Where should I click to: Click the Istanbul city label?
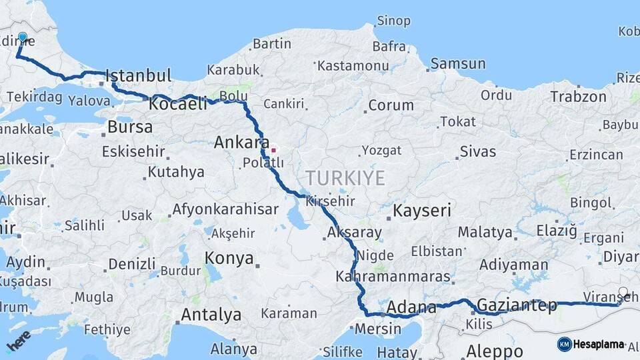pos(138,75)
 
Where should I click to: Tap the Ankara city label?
pos(241,142)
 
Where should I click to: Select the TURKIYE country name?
pos(345,178)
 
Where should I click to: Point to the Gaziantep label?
pos(517,305)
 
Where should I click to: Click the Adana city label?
pos(411,307)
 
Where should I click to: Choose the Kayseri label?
pos(422,211)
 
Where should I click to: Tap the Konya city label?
pos(229,258)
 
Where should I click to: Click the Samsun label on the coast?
pos(458,64)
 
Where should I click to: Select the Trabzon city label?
pos(578,97)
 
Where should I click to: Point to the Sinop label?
pos(393,21)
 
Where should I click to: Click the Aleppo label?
pos(494,351)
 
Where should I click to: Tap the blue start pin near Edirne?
pos(23,38)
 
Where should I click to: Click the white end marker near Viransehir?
pos(623,292)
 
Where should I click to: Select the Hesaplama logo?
pos(591,344)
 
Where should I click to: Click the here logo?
pos(18,341)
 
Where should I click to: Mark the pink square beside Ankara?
pos(273,150)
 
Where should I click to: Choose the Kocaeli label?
pos(177,104)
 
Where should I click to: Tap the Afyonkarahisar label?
pos(225,209)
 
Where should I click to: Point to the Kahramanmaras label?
pos(393,275)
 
